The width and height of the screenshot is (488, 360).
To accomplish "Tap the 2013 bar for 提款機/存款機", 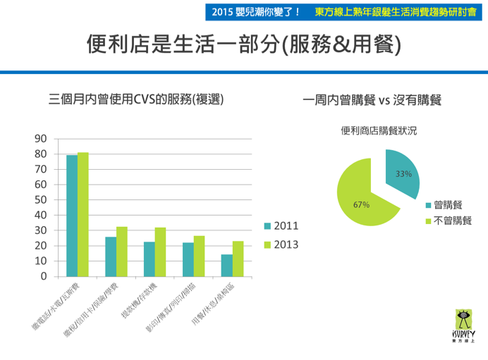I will pos(160,252).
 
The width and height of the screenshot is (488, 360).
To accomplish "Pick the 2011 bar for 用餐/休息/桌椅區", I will pos(226,265).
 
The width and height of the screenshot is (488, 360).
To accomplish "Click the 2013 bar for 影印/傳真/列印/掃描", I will pos(199,256).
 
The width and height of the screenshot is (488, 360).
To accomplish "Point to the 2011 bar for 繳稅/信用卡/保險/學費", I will pos(111,256).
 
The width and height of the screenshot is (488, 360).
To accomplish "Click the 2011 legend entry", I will pos(281,226).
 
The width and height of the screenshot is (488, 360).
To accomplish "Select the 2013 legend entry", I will pos(281,244).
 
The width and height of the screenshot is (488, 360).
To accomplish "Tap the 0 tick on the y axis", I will pos(44,276).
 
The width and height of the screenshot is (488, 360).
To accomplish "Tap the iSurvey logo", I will pos(463,327).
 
